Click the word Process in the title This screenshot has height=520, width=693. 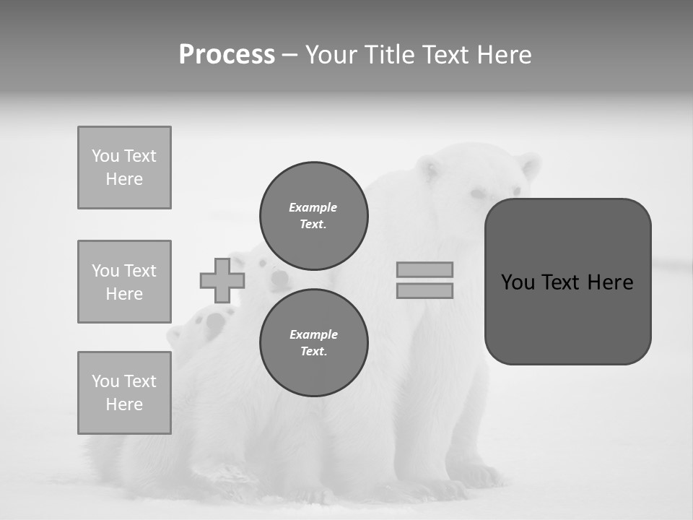tap(227, 55)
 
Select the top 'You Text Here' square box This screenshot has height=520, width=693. tap(124, 168)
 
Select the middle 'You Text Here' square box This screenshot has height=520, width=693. tap(124, 282)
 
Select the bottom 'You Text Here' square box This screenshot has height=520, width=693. tap(124, 392)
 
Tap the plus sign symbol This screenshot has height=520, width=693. tap(222, 280)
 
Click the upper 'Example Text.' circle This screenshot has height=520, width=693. tap(313, 215)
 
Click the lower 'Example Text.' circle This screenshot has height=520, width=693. tap(313, 342)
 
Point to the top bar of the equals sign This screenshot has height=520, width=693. tap(424, 269)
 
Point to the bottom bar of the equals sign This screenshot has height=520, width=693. tap(424, 290)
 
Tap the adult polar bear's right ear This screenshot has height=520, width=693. tap(530, 166)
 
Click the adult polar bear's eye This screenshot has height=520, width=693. tap(478, 194)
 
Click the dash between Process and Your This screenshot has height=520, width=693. tap(289, 55)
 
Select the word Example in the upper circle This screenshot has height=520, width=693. tap(313, 207)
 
